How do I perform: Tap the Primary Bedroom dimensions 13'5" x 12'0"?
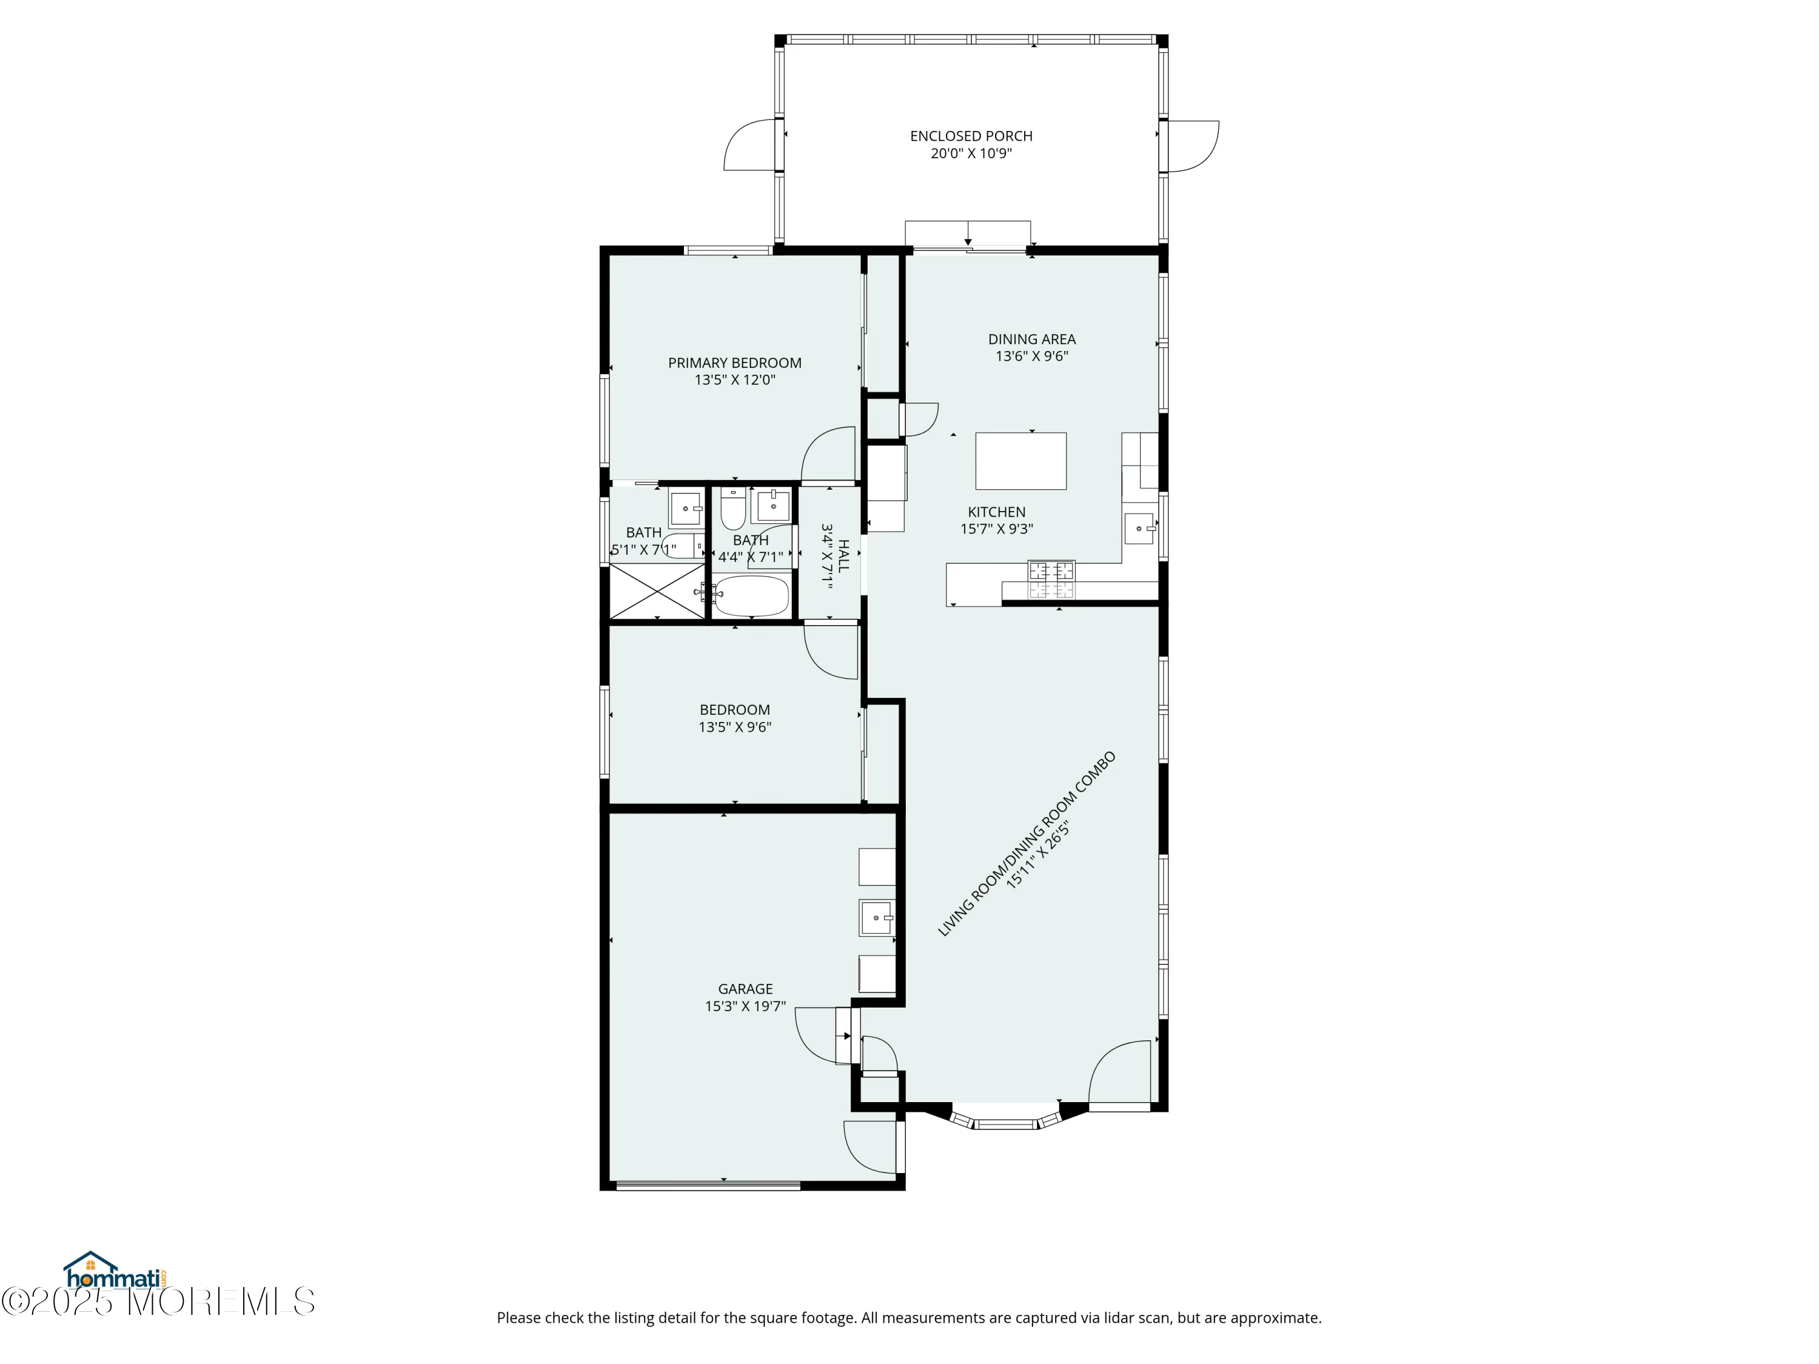click(x=734, y=380)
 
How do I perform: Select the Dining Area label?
click(x=1031, y=339)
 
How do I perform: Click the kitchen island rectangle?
click(x=1020, y=461)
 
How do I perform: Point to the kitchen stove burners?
click(x=1051, y=580)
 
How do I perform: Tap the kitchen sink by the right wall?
click(x=1141, y=528)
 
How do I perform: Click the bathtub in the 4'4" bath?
click(x=752, y=595)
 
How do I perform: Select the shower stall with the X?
click(x=656, y=590)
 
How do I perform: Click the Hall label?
click(x=843, y=556)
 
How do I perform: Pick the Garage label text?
click(x=745, y=989)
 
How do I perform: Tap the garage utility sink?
click(x=877, y=918)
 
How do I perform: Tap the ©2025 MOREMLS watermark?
click(x=158, y=1302)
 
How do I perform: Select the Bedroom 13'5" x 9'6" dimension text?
click(x=734, y=727)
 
